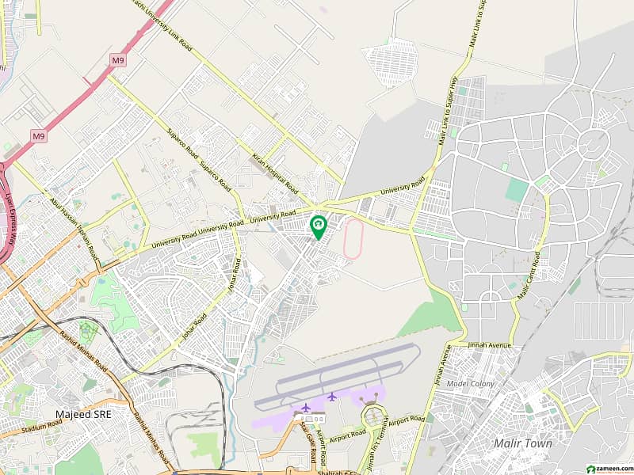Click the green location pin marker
tap(318, 227)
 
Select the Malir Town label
tap(522, 443)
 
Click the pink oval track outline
tap(353, 238)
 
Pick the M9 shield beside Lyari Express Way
tap(38, 136)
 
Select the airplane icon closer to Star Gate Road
tap(306, 407)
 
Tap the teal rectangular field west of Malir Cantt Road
tap(516, 190)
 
